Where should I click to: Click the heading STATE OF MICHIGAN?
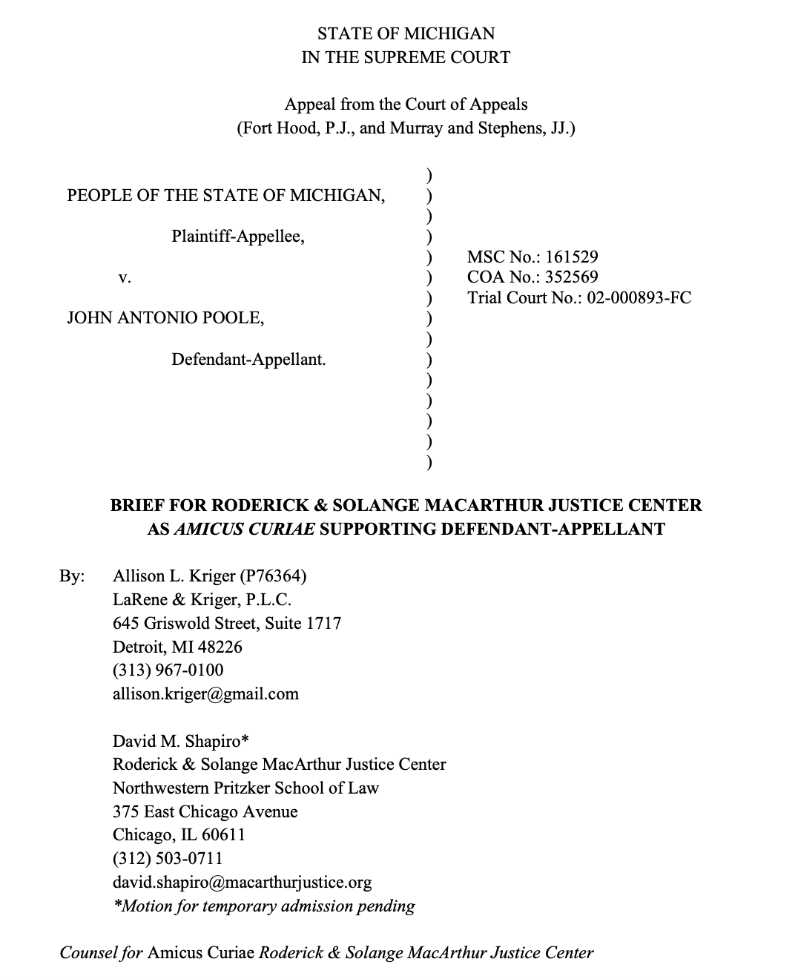406,33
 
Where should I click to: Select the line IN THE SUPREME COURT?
406,57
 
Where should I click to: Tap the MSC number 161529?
571,257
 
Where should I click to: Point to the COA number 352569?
571,277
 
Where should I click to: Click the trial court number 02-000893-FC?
639,297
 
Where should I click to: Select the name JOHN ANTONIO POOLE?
165,318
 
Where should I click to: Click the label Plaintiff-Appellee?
238,237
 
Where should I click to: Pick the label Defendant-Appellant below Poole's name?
248,360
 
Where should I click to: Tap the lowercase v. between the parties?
125,278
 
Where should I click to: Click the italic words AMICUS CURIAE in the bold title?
244,529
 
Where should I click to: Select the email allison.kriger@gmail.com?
205,694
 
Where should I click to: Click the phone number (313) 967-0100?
168,670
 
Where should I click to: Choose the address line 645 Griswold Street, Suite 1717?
227,623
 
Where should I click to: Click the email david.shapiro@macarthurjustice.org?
242,883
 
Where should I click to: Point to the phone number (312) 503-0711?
168,859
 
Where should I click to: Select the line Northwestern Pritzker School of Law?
245,788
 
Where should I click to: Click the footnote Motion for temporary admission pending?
265,906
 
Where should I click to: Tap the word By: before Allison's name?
72,576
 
